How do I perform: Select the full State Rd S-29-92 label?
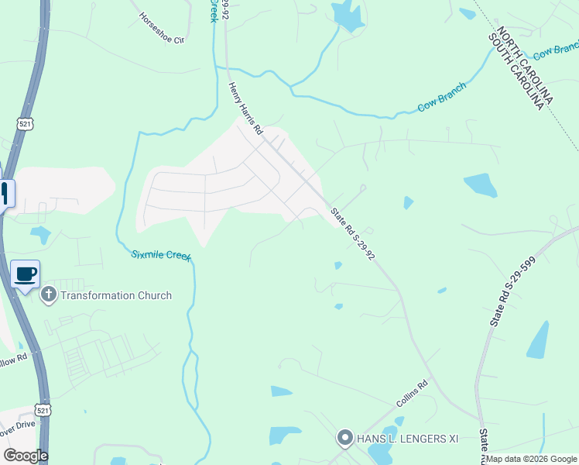[x=353, y=233]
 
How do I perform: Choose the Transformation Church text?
[x=116, y=295]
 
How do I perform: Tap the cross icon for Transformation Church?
[x=49, y=294]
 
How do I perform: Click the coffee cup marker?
[x=26, y=274]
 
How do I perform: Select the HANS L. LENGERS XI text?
[x=407, y=439]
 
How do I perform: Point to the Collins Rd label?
[x=412, y=394]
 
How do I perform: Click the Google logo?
[x=26, y=456]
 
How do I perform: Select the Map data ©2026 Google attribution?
[x=532, y=459]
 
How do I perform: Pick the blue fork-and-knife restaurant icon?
[x=5, y=191]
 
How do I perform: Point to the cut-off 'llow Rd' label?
[x=14, y=361]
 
